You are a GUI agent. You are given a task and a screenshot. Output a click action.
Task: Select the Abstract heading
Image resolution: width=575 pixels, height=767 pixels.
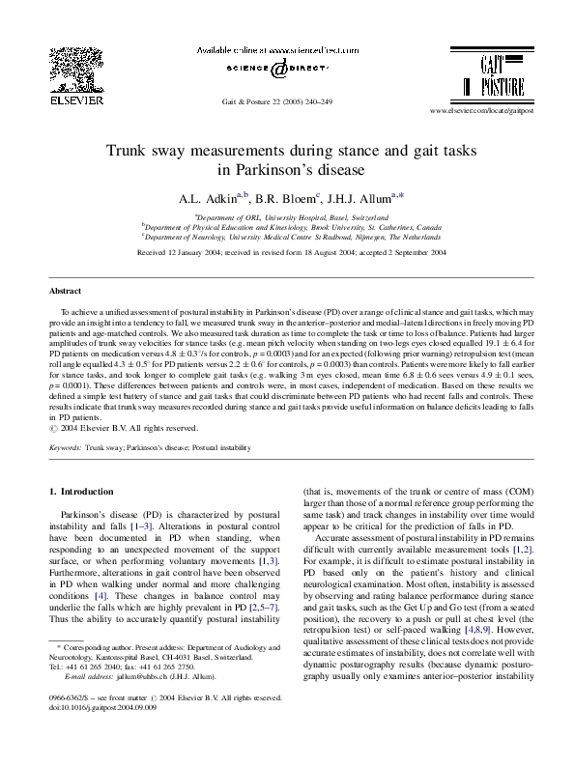coord(66,291)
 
